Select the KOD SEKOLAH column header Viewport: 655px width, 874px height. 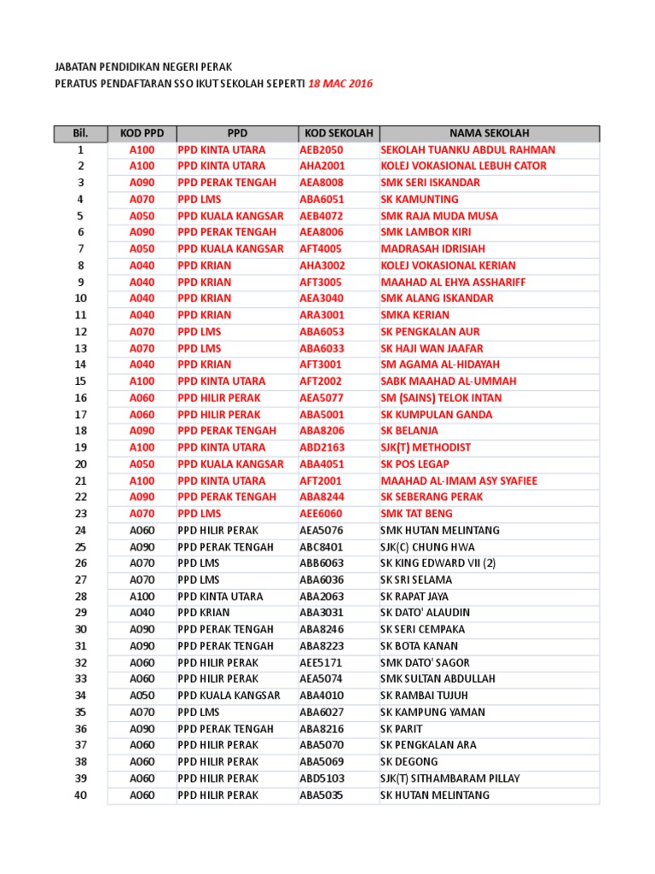coord(337,133)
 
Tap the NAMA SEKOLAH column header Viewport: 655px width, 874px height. coord(490,133)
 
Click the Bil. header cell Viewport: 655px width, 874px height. coord(81,133)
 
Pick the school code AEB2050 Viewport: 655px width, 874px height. coord(322,149)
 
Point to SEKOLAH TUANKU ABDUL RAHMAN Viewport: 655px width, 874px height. coord(467,149)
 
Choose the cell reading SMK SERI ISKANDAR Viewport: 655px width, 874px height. coord(430,183)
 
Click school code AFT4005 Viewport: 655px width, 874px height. coord(321,248)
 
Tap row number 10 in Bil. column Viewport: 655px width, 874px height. coord(81,299)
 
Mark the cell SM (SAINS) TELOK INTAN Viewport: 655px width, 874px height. coord(441,398)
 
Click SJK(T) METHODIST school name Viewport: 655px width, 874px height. coord(426,447)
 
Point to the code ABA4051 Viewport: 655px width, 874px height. coord(322,464)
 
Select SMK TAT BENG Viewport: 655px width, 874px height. coord(416,514)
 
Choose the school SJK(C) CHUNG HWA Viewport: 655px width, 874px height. coord(427,547)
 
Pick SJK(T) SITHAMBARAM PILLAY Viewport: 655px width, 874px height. coord(449,778)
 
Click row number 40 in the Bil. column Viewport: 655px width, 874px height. coord(81,795)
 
